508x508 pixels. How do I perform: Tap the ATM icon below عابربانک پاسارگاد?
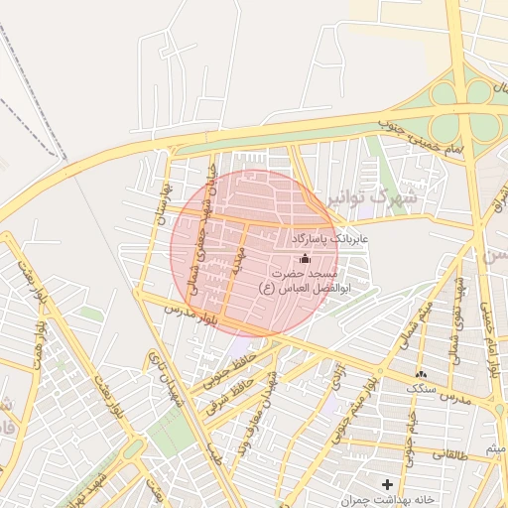coord(304,258)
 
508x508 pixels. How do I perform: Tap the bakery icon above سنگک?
coord(422,375)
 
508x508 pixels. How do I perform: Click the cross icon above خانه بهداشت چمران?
coord(387,483)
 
